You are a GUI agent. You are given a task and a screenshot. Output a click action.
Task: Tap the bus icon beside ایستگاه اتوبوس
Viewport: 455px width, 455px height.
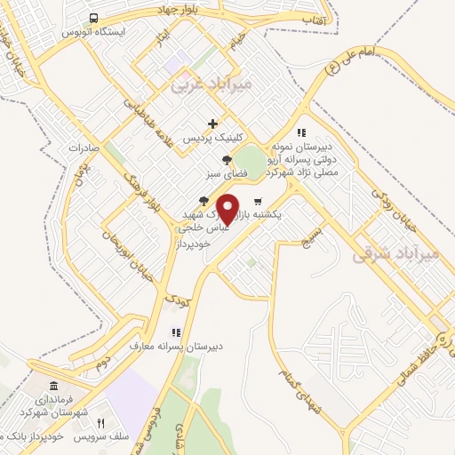93,17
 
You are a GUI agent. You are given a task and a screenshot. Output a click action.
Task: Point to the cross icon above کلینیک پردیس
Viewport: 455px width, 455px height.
212,124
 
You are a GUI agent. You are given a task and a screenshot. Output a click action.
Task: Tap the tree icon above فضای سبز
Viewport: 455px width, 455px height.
227,160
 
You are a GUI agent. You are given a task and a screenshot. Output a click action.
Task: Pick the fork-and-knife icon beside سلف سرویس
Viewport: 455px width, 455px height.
100,423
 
